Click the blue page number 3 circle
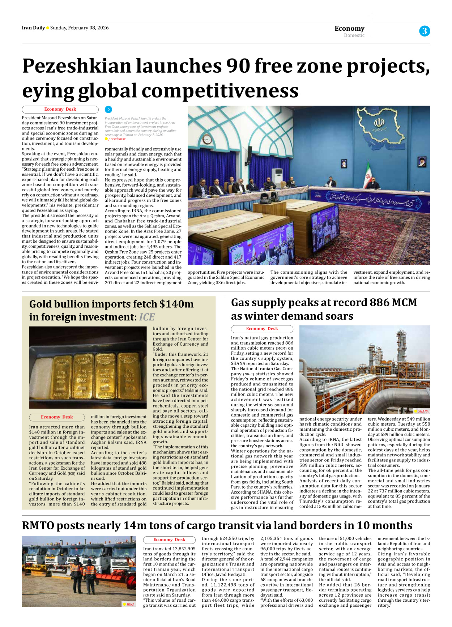point(425,31)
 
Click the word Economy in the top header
point(349,28)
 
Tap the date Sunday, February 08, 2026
point(79,28)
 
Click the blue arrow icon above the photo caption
point(108,109)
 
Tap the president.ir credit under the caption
point(117,139)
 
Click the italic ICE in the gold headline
point(147,317)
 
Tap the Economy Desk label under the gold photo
point(57,417)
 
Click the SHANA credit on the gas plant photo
point(423,411)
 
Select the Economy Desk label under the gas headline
point(262,329)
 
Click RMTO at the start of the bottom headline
point(38,525)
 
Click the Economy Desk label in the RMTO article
point(169,539)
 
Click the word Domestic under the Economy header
point(354,35)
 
